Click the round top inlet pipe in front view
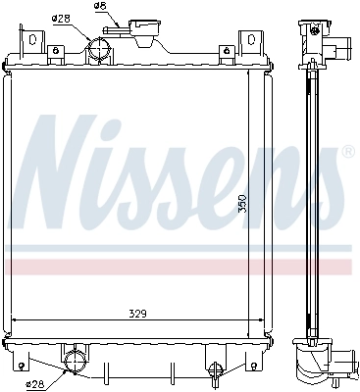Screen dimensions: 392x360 coord(100,50)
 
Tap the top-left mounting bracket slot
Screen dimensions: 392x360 coord(32,42)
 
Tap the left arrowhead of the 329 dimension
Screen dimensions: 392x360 coord(13,320)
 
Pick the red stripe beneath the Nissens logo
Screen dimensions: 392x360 coord(177,266)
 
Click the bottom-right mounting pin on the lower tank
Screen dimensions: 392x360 coord(213,369)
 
